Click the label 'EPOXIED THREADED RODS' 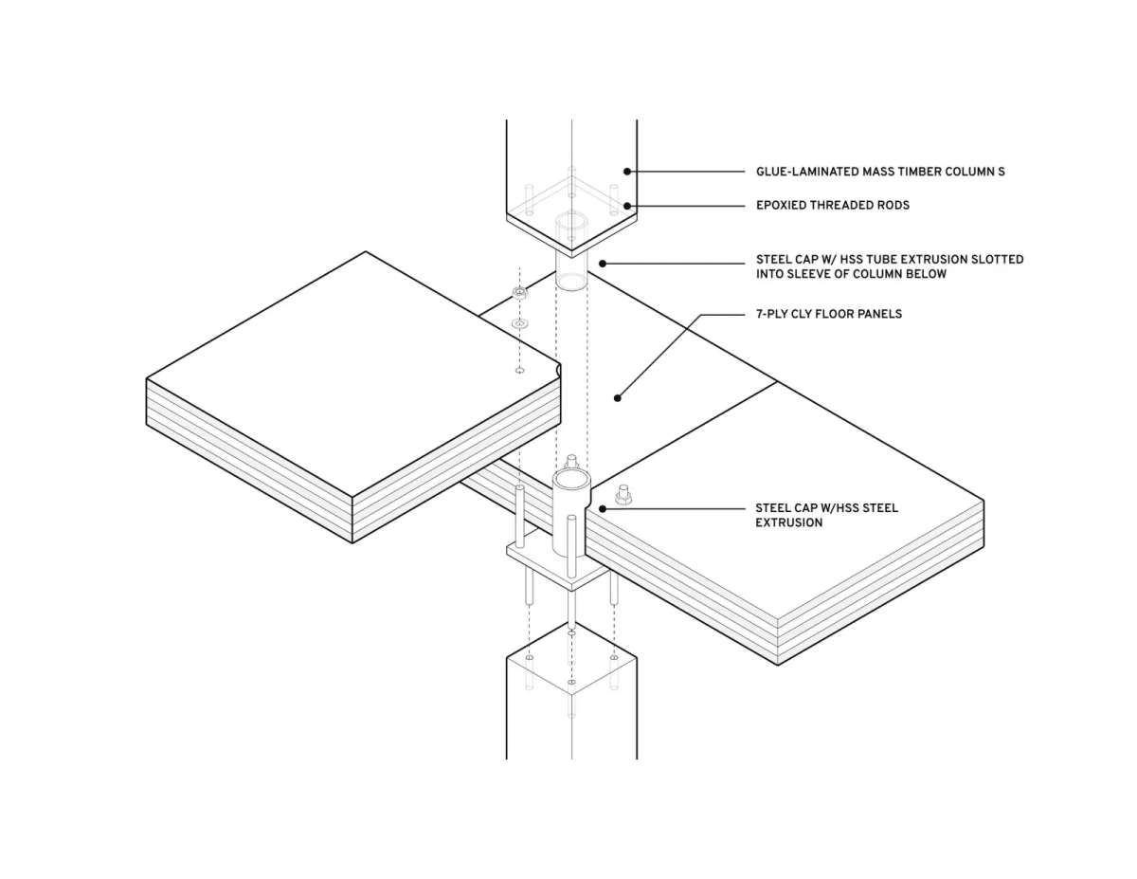click(833, 205)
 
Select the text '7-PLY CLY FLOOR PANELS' click(829, 314)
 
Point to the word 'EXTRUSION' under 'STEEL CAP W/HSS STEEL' click(789, 522)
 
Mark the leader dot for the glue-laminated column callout click(627, 172)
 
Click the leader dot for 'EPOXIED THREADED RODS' click(627, 206)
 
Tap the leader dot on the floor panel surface click(618, 398)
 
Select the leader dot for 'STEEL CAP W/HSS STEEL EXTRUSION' click(603, 508)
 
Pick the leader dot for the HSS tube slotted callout click(603, 264)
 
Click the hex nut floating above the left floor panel click(519, 293)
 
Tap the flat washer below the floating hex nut click(519, 324)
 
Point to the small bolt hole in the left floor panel click(519, 371)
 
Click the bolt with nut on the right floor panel click(623, 495)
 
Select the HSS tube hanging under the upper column click(571, 252)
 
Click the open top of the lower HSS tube click(571, 479)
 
